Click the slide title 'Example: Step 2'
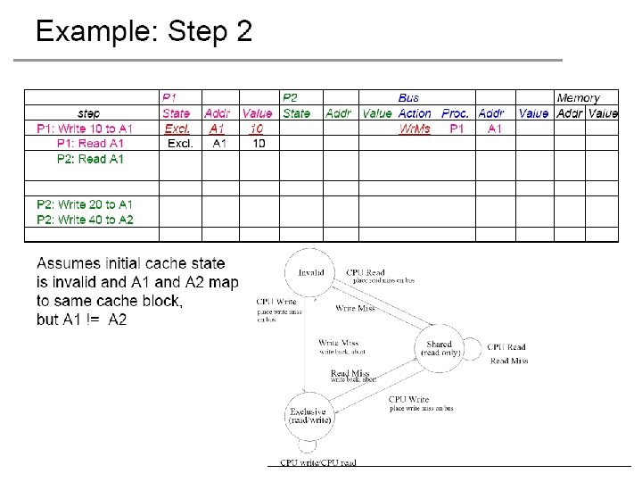(144, 32)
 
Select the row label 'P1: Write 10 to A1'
(85, 129)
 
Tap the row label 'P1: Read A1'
(90, 144)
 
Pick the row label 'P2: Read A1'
(90, 159)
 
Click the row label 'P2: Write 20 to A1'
(85, 204)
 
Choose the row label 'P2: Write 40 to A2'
(85, 220)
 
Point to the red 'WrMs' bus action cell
(414, 129)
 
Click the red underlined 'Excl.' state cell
(177, 129)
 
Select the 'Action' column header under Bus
(415, 113)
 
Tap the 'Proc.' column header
(455, 113)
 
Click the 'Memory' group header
(578, 98)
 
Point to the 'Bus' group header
(408, 98)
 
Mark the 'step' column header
(89, 113)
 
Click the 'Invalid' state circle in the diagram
(310, 273)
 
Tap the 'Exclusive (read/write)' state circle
(310, 416)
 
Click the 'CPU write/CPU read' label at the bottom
(318, 462)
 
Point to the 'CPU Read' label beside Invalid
(366, 272)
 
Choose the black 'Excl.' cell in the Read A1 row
(181, 144)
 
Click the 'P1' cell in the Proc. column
(457, 129)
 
